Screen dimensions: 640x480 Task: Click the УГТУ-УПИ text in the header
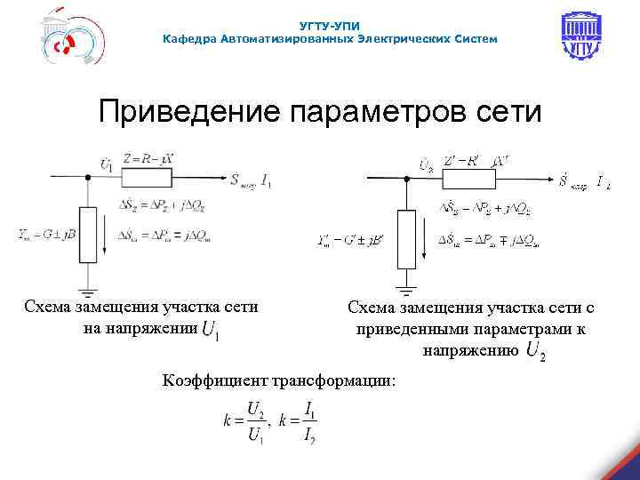point(331,27)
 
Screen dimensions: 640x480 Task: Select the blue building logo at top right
point(582,38)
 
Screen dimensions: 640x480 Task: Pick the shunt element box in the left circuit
point(87,231)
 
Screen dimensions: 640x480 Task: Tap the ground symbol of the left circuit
point(87,290)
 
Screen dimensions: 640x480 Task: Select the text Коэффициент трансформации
point(280,380)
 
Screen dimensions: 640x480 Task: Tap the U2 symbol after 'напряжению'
point(536,352)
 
